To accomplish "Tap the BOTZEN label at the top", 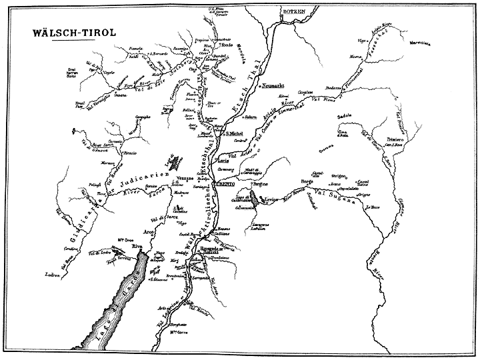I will (293, 13).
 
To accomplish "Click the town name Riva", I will (138, 246).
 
